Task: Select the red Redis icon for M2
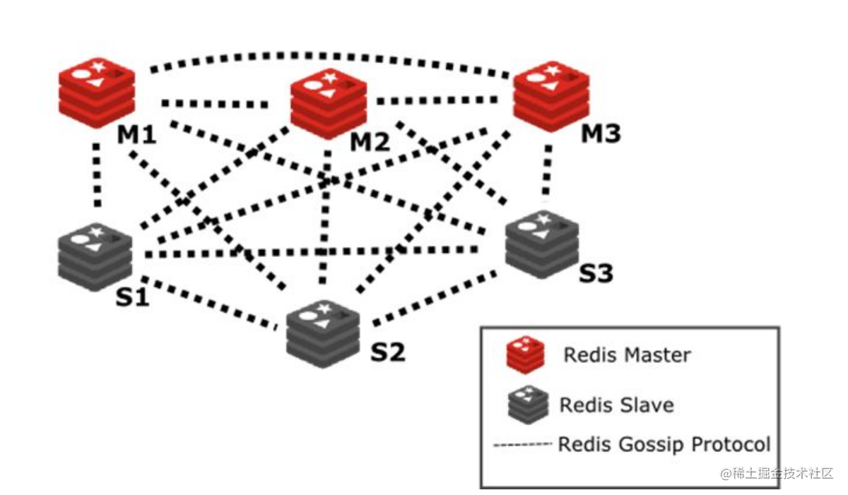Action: pos(329,105)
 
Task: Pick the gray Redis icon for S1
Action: pos(95,257)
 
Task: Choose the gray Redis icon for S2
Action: pos(323,333)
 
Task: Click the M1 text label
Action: pos(136,134)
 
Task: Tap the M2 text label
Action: pos(370,143)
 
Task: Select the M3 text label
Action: pos(601,133)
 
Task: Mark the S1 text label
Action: pos(132,297)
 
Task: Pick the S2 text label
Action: pos(388,351)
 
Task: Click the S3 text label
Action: pos(596,273)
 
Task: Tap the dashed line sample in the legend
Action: pos(522,445)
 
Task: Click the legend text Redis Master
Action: pos(626,354)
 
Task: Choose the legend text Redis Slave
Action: pos(616,405)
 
